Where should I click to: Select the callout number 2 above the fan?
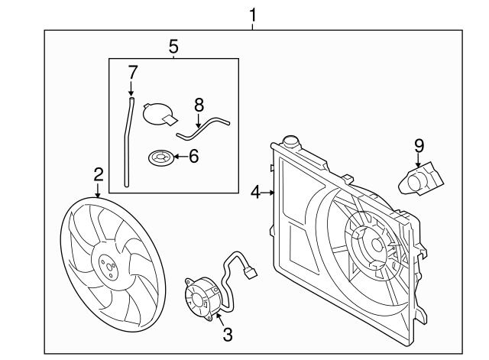coord(98,175)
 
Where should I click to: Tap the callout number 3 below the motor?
coord(226,333)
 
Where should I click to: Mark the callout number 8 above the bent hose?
coord(199,105)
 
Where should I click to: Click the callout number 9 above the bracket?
coord(418,144)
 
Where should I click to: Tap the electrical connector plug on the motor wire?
coord(251,271)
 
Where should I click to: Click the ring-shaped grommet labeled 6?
coord(160,158)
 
